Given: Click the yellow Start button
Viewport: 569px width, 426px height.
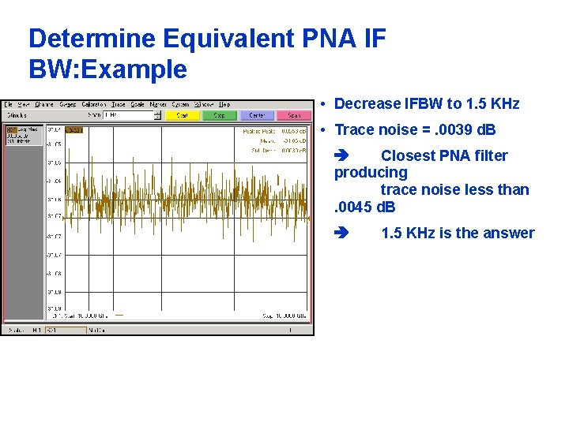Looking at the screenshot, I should (x=182, y=115).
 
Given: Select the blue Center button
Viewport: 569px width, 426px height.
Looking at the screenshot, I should (x=257, y=115).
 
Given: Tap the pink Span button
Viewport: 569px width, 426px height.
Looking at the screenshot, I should (x=294, y=115).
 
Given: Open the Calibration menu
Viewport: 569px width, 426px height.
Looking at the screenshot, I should (x=94, y=104).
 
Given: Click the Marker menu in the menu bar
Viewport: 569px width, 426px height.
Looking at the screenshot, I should (x=158, y=104).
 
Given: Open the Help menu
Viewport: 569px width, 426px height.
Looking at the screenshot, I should (x=224, y=104).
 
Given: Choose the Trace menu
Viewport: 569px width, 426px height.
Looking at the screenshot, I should (x=118, y=104).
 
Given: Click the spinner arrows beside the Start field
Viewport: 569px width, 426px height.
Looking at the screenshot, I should (x=157, y=115).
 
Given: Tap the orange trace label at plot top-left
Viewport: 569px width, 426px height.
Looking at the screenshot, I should (x=74, y=130).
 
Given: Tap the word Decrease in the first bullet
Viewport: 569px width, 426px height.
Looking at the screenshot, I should (x=367, y=104).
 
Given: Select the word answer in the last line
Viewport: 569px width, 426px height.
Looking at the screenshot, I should (x=510, y=233).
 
